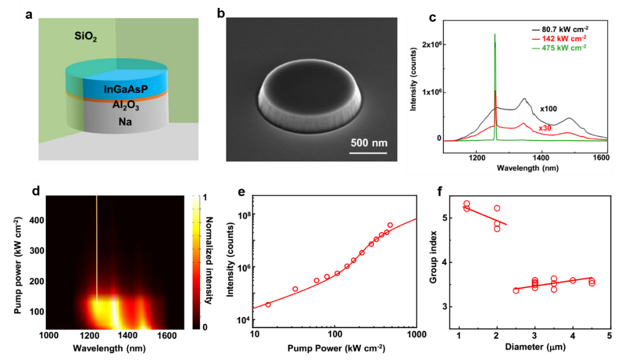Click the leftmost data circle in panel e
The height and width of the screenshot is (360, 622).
coord(268,305)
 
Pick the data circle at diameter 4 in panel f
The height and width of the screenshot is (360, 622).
coord(572,280)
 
